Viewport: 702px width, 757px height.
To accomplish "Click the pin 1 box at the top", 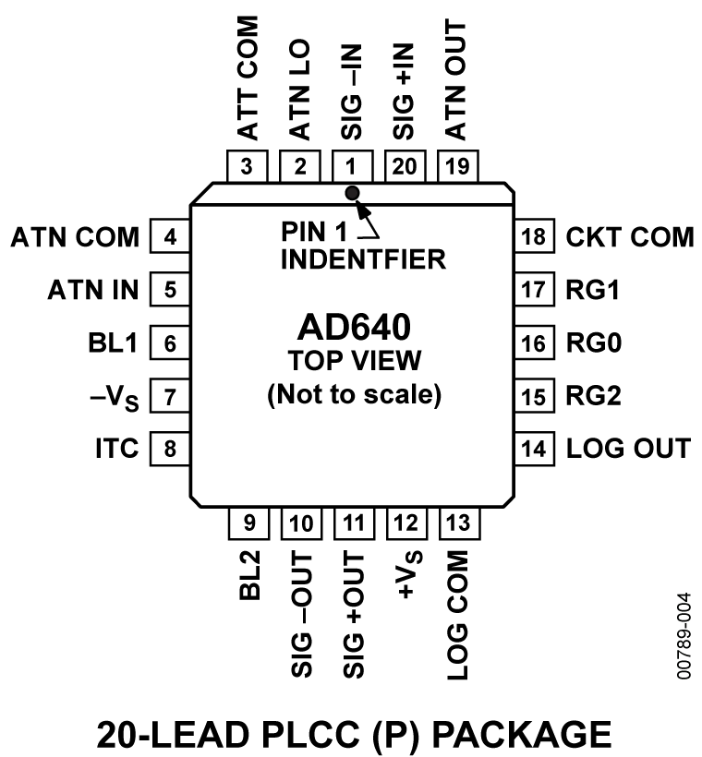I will tap(352, 167).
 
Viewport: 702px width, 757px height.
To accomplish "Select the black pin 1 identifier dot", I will tap(352, 192).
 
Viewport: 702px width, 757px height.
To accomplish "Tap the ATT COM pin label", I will tap(248, 78).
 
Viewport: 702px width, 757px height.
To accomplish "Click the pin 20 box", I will tap(405, 167).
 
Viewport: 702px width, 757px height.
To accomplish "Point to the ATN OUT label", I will tap(457, 78).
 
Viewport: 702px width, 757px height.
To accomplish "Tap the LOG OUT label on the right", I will tap(628, 449).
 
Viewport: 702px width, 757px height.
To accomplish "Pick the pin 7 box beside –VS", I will tap(169, 397).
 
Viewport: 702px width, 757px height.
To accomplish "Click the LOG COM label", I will tap(458, 617).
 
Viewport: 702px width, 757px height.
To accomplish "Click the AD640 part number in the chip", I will tap(352, 328).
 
